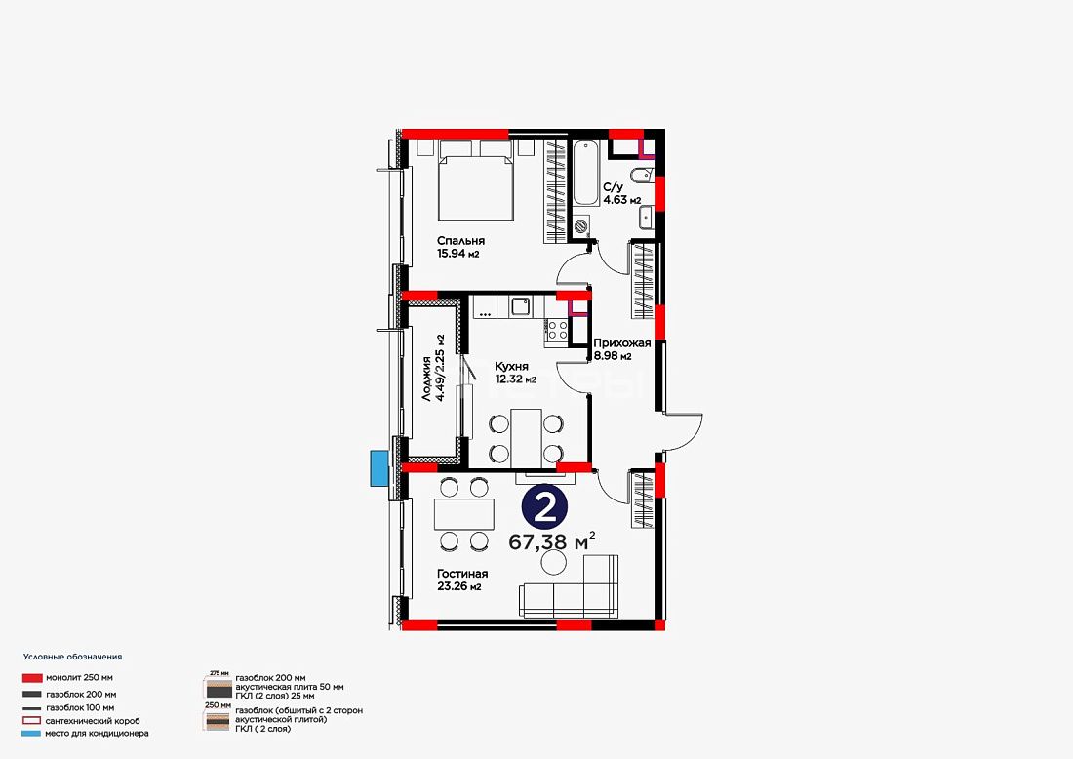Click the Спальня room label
click(460, 241)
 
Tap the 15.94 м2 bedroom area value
click(457, 254)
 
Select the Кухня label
click(511, 367)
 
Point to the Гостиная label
click(462, 574)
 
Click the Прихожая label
click(622, 343)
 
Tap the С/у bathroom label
click(614, 187)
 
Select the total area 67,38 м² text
click(551, 542)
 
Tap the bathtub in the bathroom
click(586, 174)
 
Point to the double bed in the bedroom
click(476, 181)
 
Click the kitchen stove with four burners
click(556, 331)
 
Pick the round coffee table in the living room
click(553, 563)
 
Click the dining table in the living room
click(464, 514)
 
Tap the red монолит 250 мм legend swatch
click(32, 678)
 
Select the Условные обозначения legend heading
click(72, 657)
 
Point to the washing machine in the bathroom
click(581, 224)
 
